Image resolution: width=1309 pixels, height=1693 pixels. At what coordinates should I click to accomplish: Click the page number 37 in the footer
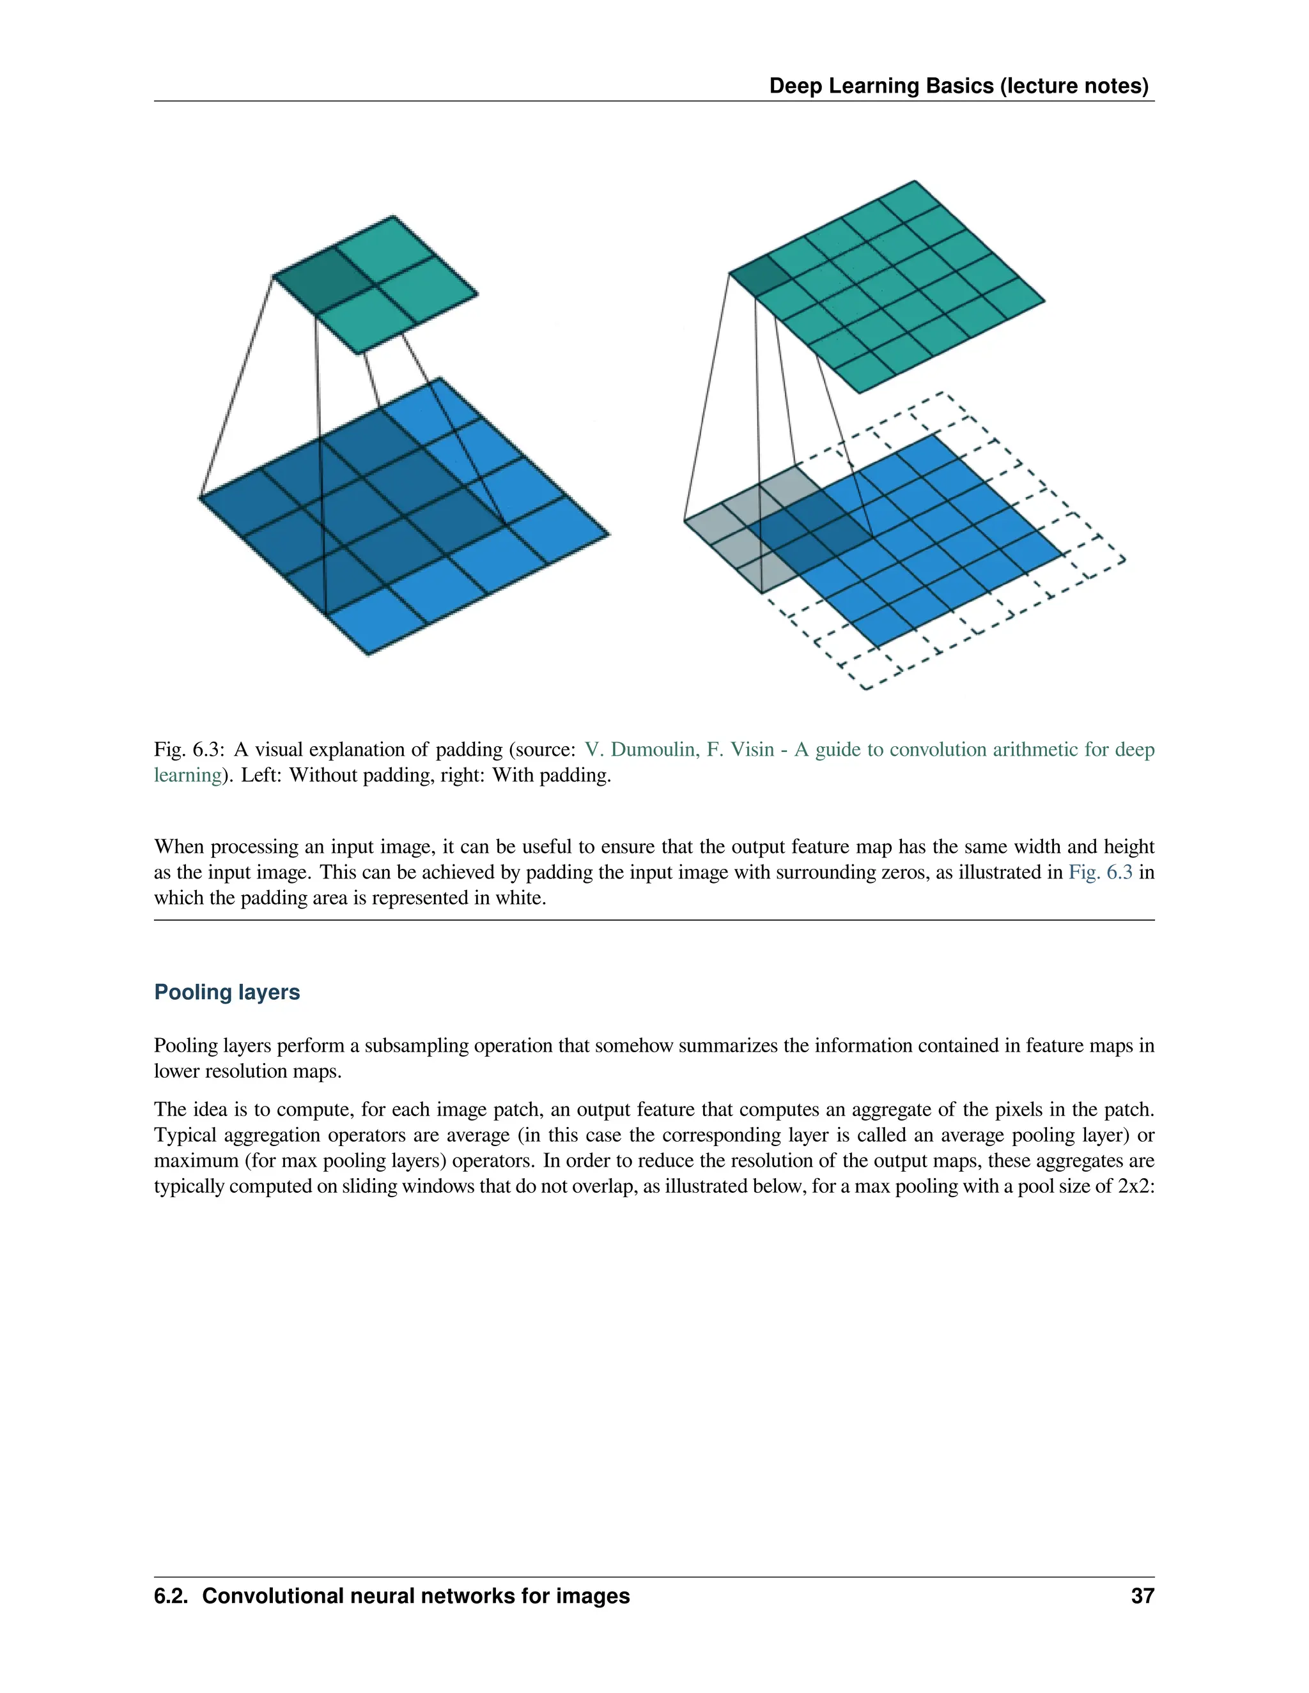pyautogui.click(x=1142, y=1596)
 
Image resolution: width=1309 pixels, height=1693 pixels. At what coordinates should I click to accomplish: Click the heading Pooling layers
pyautogui.click(x=226, y=992)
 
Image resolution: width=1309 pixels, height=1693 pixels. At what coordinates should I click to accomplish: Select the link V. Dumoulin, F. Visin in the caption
pyautogui.click(x=679, y=749)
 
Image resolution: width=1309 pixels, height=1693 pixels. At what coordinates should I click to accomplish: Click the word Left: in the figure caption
pyautogui.click(x=262, y=775)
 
